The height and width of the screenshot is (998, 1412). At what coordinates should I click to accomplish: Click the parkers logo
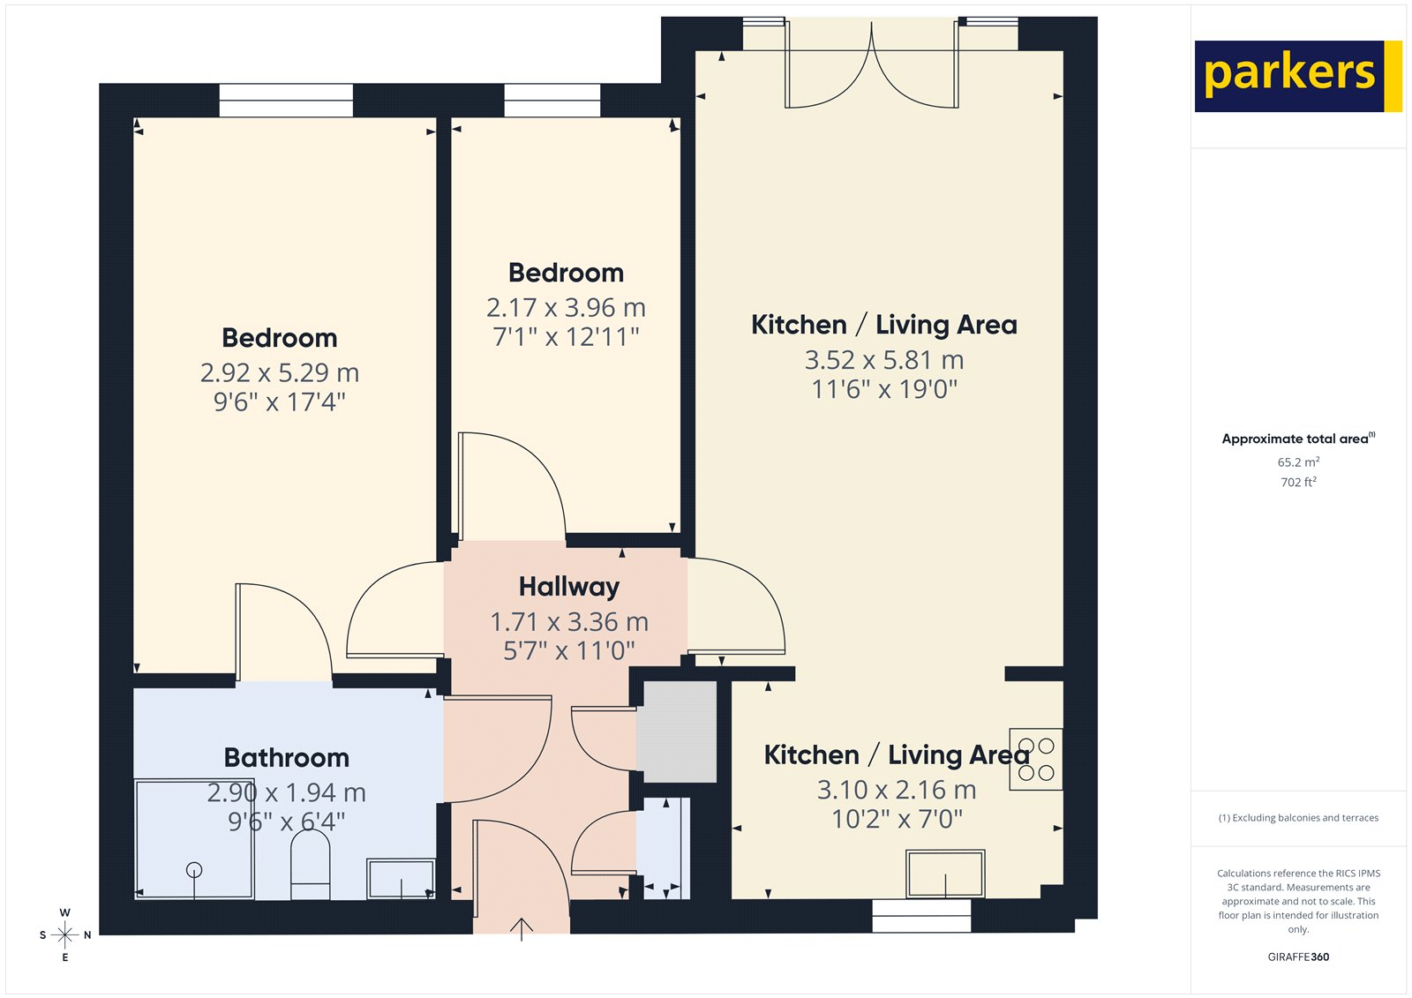(x=1297, y=76)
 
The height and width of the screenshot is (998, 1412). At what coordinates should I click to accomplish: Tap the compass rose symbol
(x=65, y=934)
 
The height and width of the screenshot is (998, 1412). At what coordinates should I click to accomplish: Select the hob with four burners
(x=1036, y=759)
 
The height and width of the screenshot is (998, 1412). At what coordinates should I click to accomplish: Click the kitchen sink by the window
(x=945, y=873)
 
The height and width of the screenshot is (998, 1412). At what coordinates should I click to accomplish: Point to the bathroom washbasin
(x=402, y=879)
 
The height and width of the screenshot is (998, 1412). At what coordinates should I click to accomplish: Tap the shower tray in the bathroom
(x=194, y=839)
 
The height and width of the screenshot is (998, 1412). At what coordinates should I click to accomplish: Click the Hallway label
(x=568, y=587)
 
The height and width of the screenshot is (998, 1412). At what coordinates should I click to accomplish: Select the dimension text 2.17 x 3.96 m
(x=566, y=308)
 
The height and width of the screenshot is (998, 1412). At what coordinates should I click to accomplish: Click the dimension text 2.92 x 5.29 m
(x=279, y=373)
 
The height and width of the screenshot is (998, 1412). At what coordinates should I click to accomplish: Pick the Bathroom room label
(x=286, y=758)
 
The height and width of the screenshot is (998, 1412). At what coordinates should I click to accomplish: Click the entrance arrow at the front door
(x=522, y=929)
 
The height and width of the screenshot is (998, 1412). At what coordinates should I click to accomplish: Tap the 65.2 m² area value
(x=1298, y=462)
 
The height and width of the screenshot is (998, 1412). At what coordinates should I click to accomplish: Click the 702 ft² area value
(x=1298, y=483)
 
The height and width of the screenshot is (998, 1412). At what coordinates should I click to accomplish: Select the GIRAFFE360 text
(x=1298, y=957)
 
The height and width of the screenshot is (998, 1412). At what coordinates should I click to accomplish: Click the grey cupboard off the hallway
(x=677, y=731)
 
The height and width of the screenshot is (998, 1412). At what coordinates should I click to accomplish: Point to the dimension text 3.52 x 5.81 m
(x=883, y=360)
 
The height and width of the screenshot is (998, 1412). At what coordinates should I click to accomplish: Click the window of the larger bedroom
(x=286, y=100)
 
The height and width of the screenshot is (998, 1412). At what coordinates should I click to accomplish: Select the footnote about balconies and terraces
(x=1298, y=818)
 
